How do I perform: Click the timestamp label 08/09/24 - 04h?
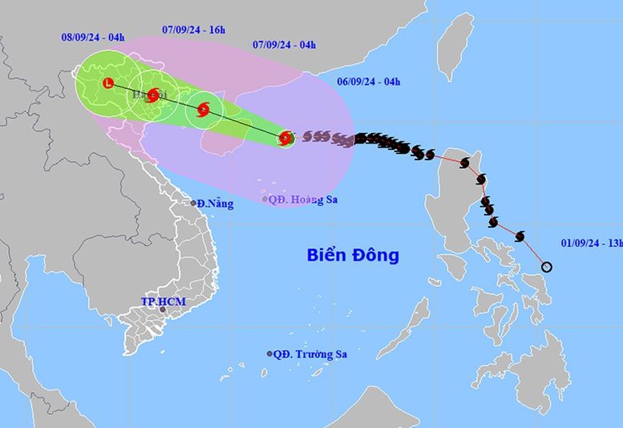click(93, 36)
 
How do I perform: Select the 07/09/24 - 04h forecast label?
click(284, 44)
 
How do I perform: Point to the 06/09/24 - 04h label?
click(368, 81)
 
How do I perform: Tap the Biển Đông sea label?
click(353, 256)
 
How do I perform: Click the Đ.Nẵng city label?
click(216, 204)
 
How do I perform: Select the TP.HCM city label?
click(164, 301)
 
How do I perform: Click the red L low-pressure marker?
click(108, 82)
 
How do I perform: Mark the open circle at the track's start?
click(547, 267)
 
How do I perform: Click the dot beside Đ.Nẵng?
click(194, 203)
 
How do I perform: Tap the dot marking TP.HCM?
click(163, 310)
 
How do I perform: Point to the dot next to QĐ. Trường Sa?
click(269, 353)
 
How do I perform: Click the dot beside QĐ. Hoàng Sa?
click(265, 199)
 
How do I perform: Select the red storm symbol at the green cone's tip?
click(285, 139)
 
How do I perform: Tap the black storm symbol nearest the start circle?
click(520, 236)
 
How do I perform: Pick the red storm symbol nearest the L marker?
click(152, 95)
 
